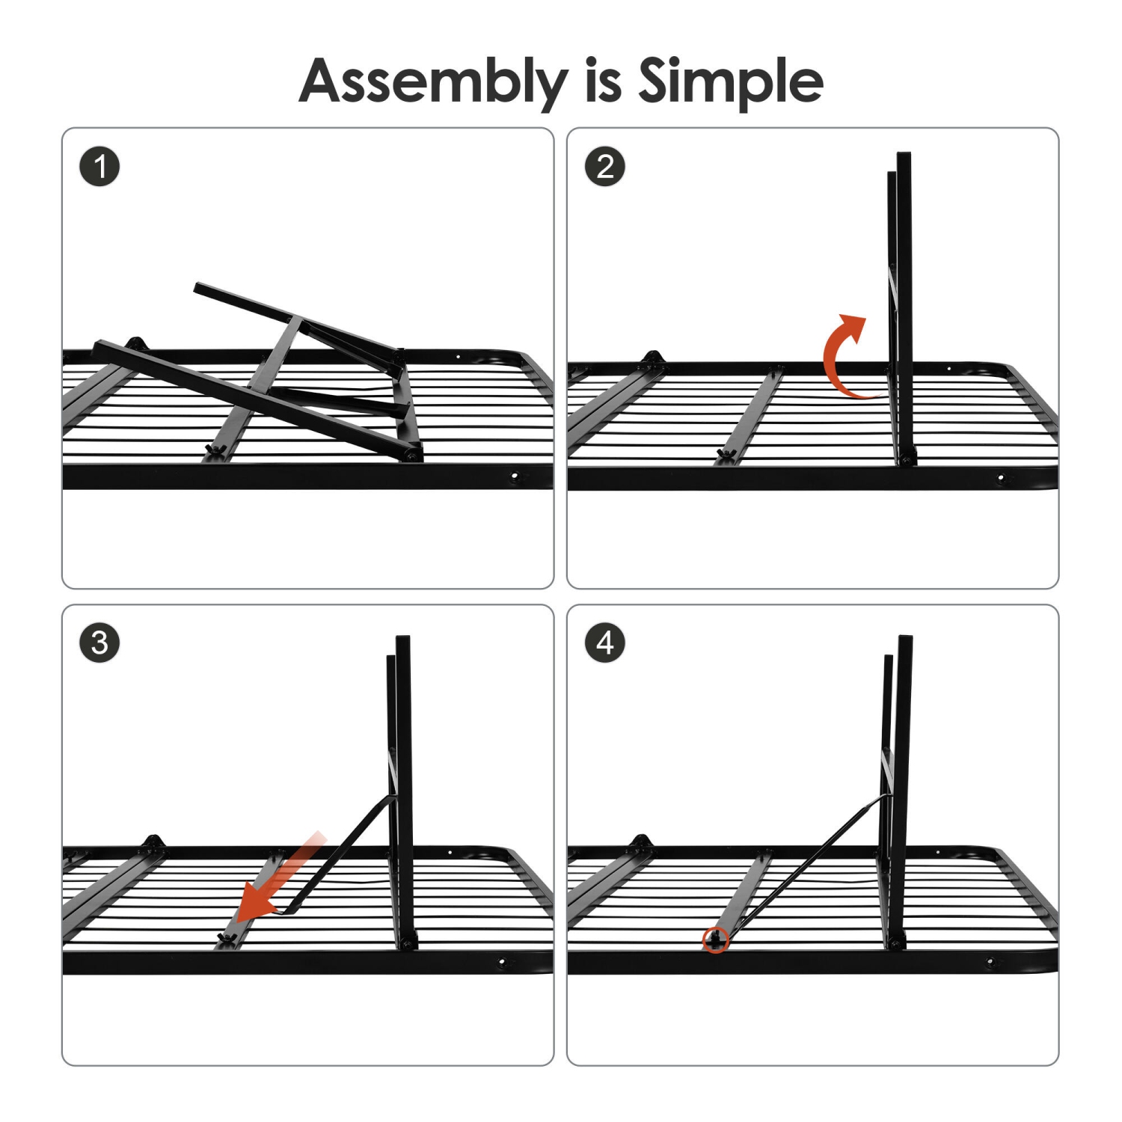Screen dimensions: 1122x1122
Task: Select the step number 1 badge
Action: tap(99, 166)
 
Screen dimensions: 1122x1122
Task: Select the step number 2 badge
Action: tap(604, 166)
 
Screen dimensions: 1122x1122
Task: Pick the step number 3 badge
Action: tap(99, 643)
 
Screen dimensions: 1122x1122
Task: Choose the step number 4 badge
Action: tap(604, 643)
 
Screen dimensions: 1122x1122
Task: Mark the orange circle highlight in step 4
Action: tap(716, 939)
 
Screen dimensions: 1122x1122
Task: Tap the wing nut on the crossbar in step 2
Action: tap(723, 453)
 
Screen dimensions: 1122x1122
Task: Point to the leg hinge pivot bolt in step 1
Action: tap(411, 454)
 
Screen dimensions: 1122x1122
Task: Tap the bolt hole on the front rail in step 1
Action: tap(514, 476)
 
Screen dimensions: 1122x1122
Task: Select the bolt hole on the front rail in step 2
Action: tap(1001, 477)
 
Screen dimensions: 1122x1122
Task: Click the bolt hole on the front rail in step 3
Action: tap(502, 962)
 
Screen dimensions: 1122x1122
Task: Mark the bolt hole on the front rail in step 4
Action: tap(990, 963)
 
